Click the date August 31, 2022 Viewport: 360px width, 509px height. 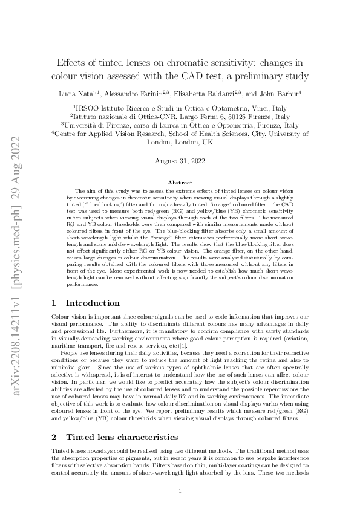180,161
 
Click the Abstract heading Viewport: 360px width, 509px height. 180,183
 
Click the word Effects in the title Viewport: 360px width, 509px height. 73,62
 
